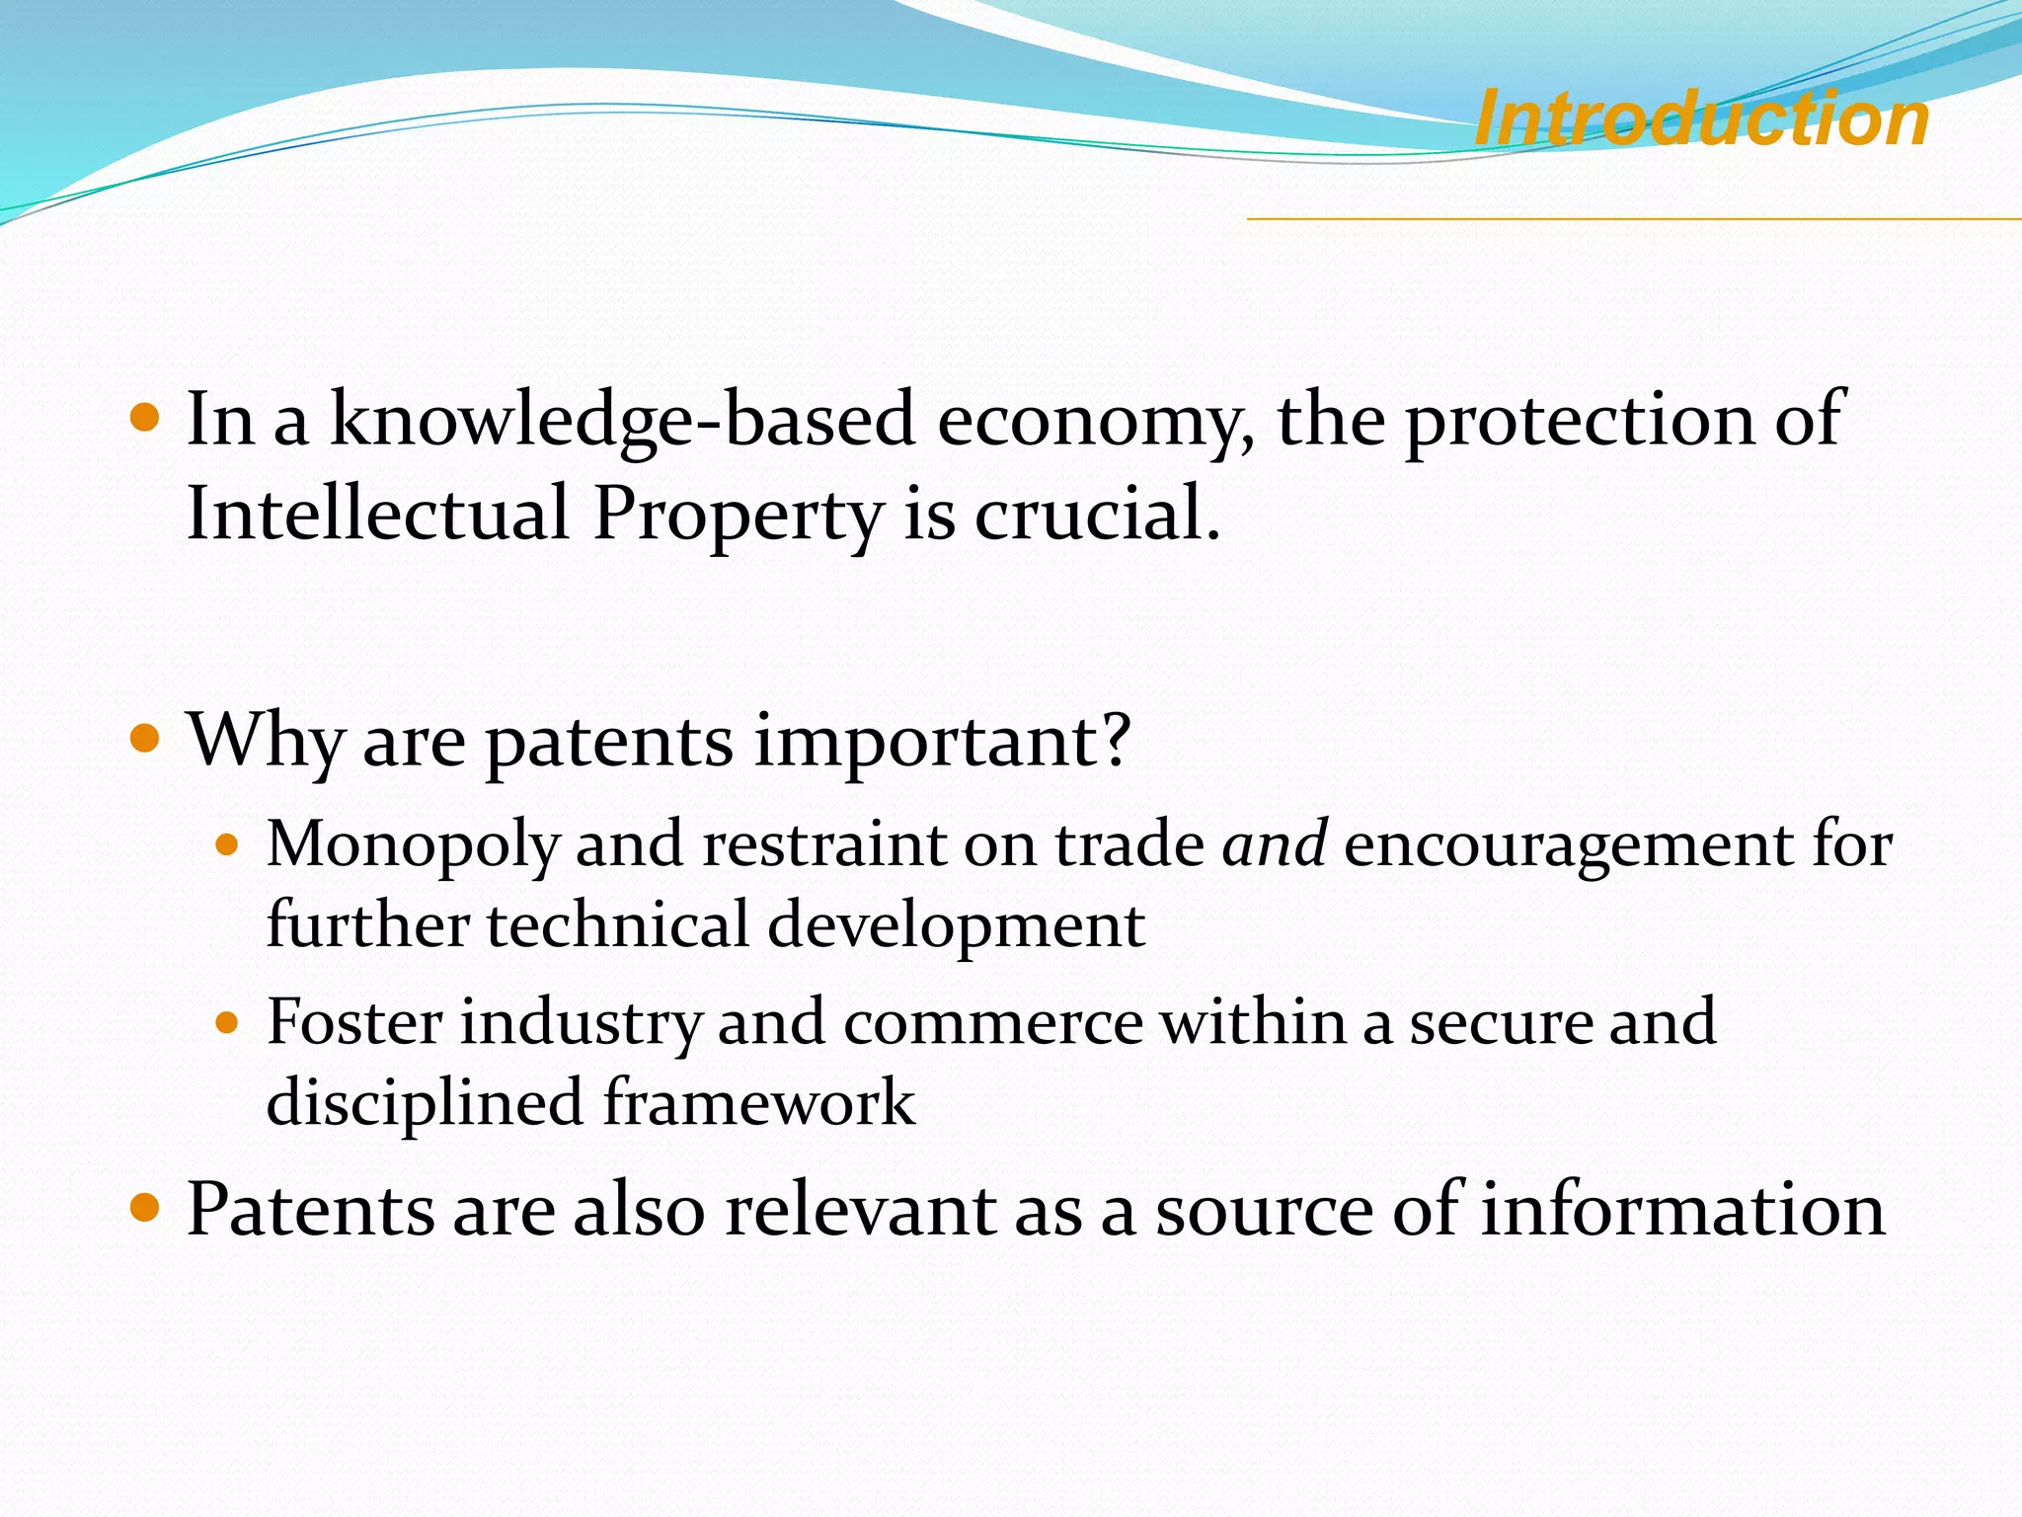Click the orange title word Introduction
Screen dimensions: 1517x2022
click(x=1701, y=119)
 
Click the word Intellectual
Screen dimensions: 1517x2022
click(x=378, y=514)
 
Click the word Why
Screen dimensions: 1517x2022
click(x=266, y=742)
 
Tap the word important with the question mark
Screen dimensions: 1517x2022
click(x=941, y=742)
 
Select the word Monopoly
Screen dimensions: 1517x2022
click(x=413, y=846)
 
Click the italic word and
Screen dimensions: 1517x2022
click(x=1274, y=844)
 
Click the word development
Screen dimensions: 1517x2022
click(x=956, y=927)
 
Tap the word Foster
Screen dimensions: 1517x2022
click(x=354, y=1022)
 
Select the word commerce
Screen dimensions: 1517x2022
click(x=992, y=1024)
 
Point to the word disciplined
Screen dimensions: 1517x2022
click(x=426, y=1103)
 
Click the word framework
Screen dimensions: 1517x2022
click(x=758, y=1103)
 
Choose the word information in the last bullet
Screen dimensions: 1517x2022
click(x=1682, y=1210)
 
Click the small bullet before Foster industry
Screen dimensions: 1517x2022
click(x=227, y=1023)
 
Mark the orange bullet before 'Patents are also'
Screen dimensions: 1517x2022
click(x=144, y=1208)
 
